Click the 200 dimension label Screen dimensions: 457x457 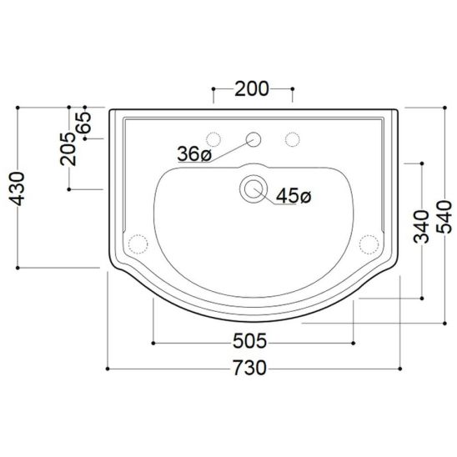[252, 89]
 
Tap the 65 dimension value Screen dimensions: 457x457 [84, 123]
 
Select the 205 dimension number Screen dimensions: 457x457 [68, 149]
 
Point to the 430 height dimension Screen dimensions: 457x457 [17, 188]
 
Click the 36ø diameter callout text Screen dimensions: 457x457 [193, 153]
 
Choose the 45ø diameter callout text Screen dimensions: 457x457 [294, 196]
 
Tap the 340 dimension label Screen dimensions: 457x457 [421, 227]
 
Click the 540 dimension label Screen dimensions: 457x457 [444, 217]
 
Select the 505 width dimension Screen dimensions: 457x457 [250, 341]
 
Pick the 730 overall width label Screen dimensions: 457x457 [250, 368]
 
